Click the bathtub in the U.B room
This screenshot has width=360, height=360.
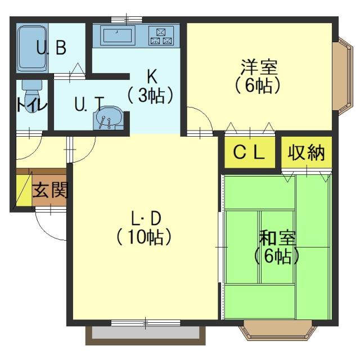(32, 49)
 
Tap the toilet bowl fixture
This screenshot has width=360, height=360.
(32, 96)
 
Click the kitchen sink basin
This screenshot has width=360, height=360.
(118, 35)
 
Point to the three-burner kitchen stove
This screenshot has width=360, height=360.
(161, 35)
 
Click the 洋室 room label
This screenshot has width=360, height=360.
(259, 67)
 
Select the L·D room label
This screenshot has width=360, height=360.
(146, 218)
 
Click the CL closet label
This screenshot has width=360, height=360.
(249, 152)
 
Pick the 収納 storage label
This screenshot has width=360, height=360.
(306, 152)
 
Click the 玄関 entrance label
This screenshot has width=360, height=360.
(51, 190)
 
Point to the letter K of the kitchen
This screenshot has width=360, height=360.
(152, 76)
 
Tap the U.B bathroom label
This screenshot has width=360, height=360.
(51, 47)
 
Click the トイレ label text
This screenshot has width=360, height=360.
(32, 105)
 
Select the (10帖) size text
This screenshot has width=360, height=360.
(144, 237)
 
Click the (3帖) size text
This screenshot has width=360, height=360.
(150, 95)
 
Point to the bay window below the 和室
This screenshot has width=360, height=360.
(277, 330)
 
